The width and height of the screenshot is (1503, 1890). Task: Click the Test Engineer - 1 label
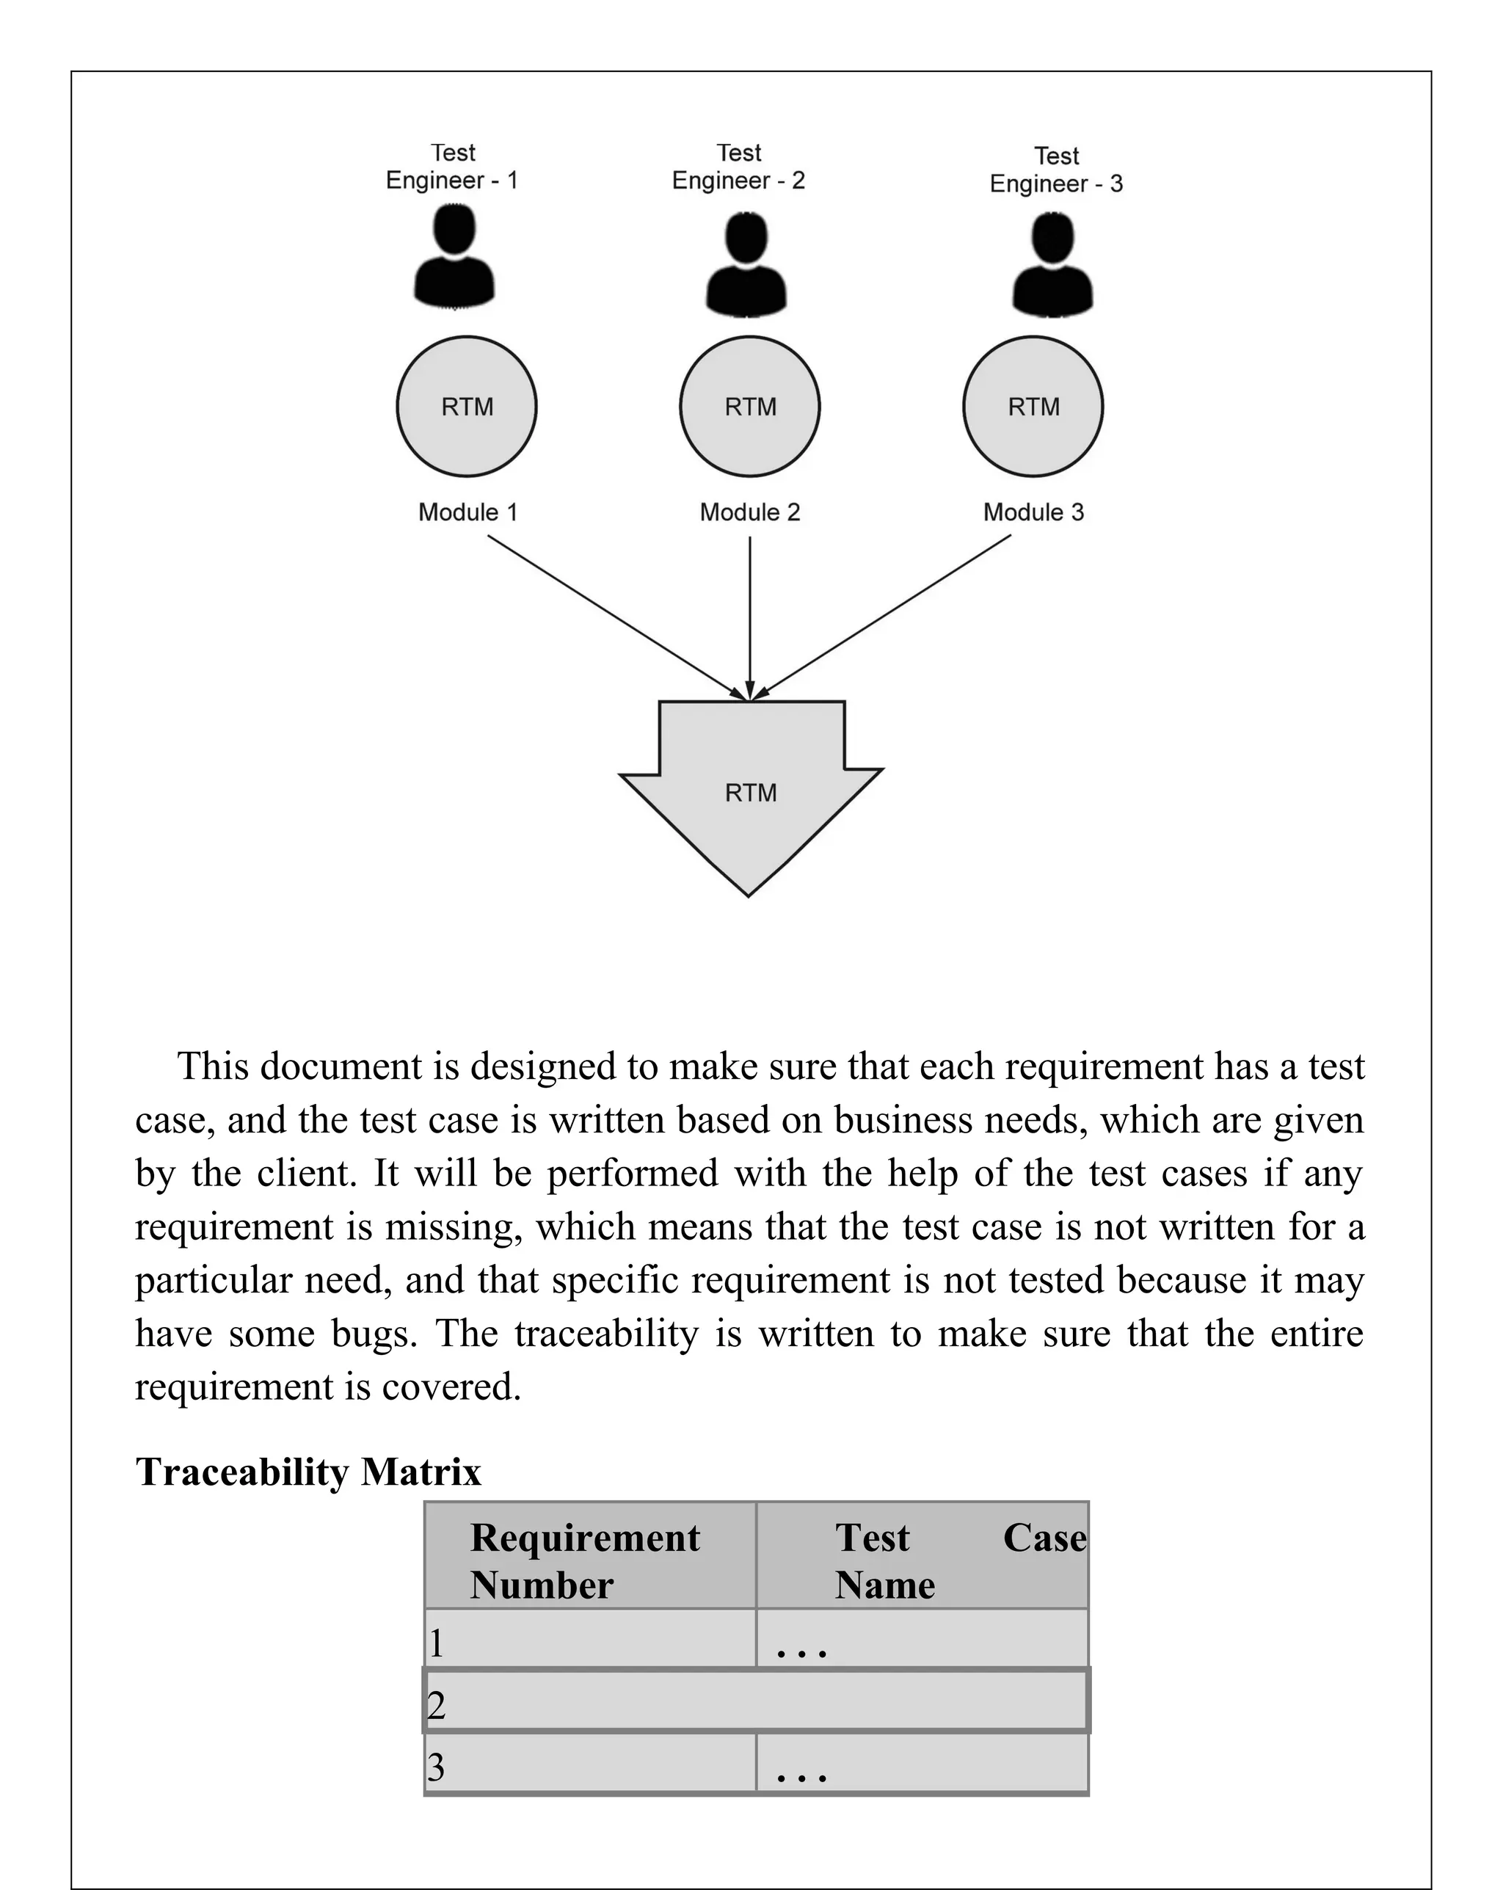point(452,167)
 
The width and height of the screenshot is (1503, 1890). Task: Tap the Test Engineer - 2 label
point(738,167)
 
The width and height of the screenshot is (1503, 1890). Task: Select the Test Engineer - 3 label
point(1055,170)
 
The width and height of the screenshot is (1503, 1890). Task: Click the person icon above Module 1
point(454,256)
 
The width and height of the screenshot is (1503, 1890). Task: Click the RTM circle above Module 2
point(749,407)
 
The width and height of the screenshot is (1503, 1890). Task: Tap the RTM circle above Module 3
point(1033,407)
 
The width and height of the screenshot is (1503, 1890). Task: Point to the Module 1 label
point(467,512)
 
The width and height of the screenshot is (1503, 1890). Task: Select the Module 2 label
point(749,512)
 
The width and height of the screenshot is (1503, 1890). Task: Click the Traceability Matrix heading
point(307,1472)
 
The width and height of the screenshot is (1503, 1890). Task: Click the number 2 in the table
point(437,1705)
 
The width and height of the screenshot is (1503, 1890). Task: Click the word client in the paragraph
point(306,1173)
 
